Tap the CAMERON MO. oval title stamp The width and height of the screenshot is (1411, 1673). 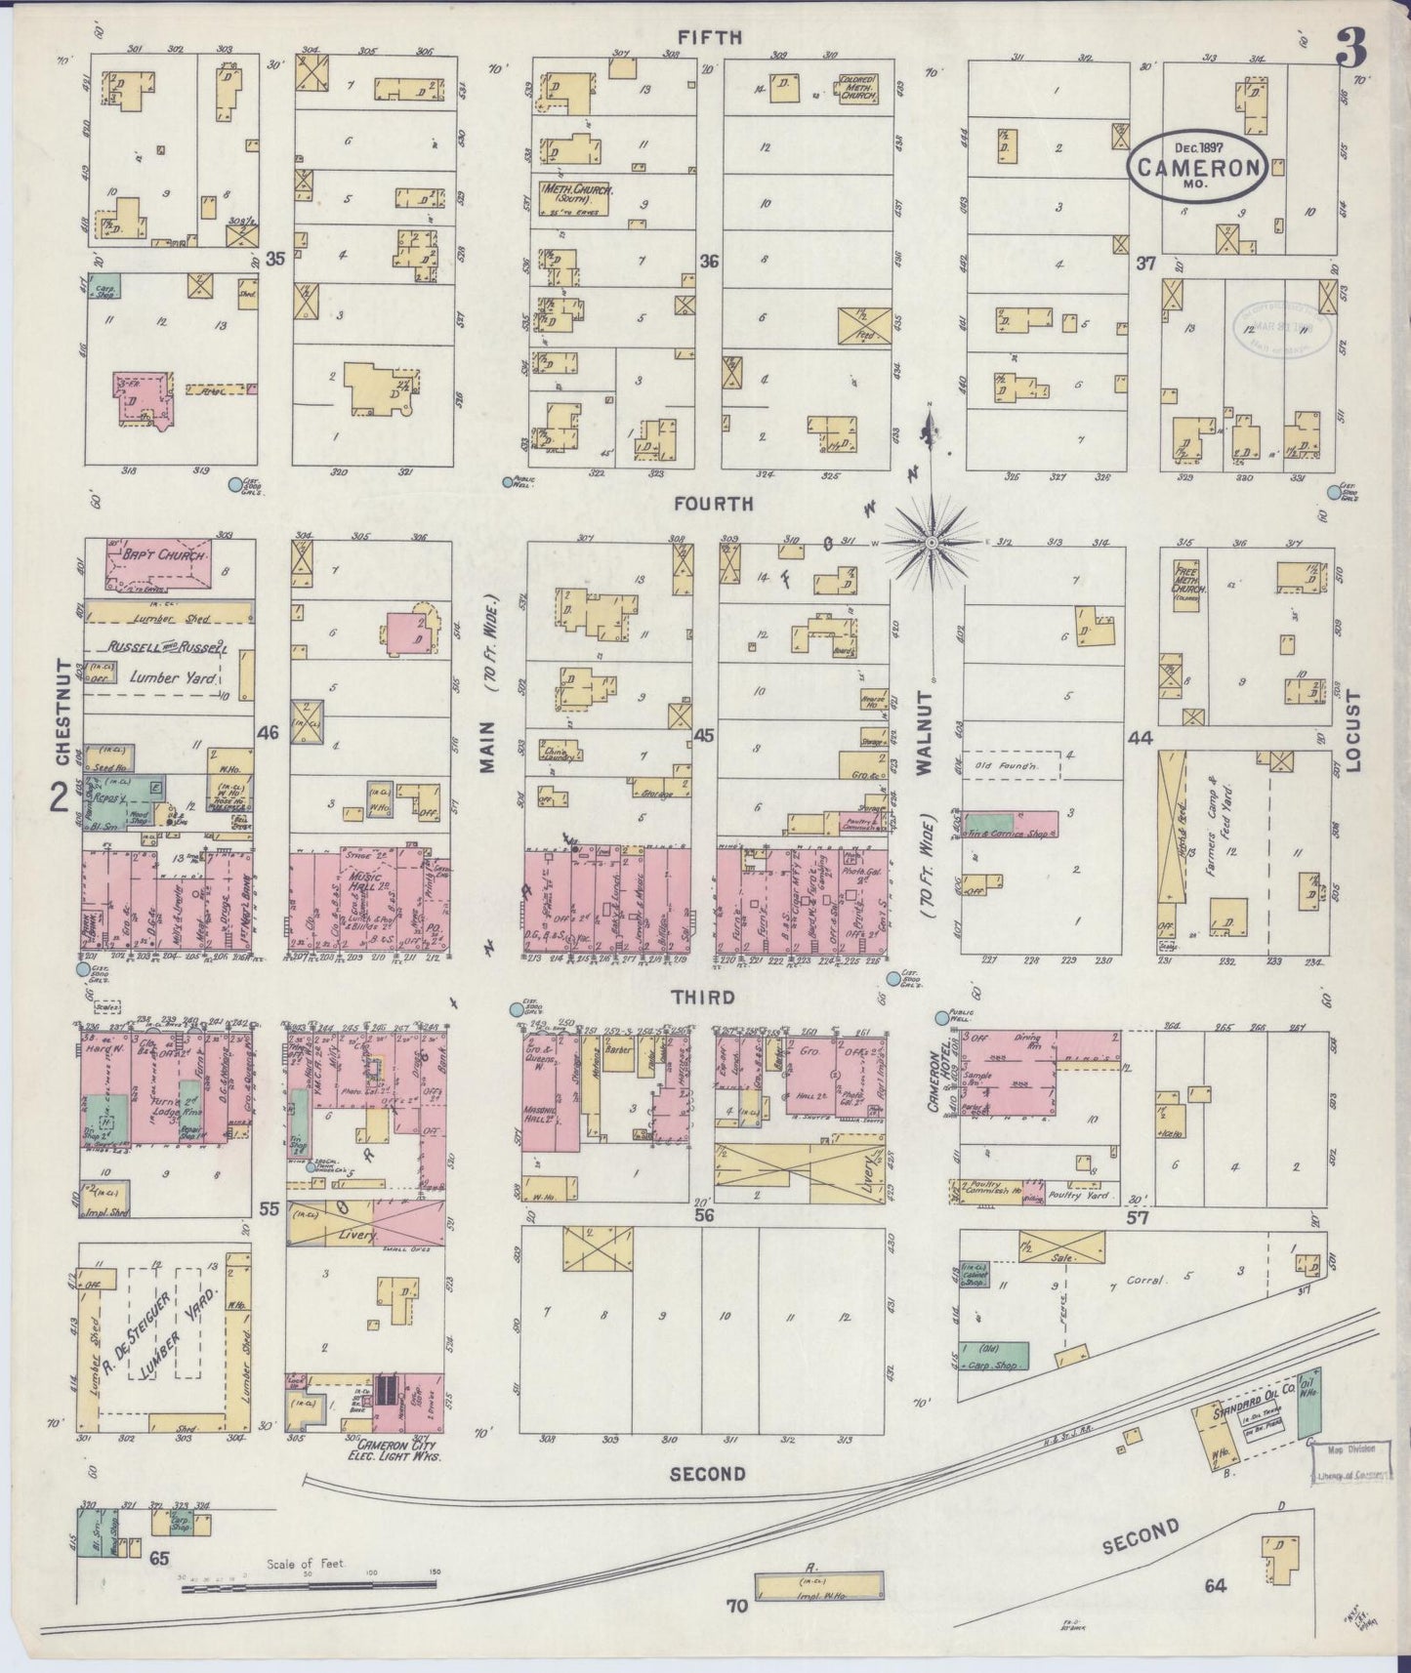1198,165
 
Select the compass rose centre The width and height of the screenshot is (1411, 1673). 932,542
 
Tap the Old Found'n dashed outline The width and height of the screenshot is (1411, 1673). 1012,765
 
